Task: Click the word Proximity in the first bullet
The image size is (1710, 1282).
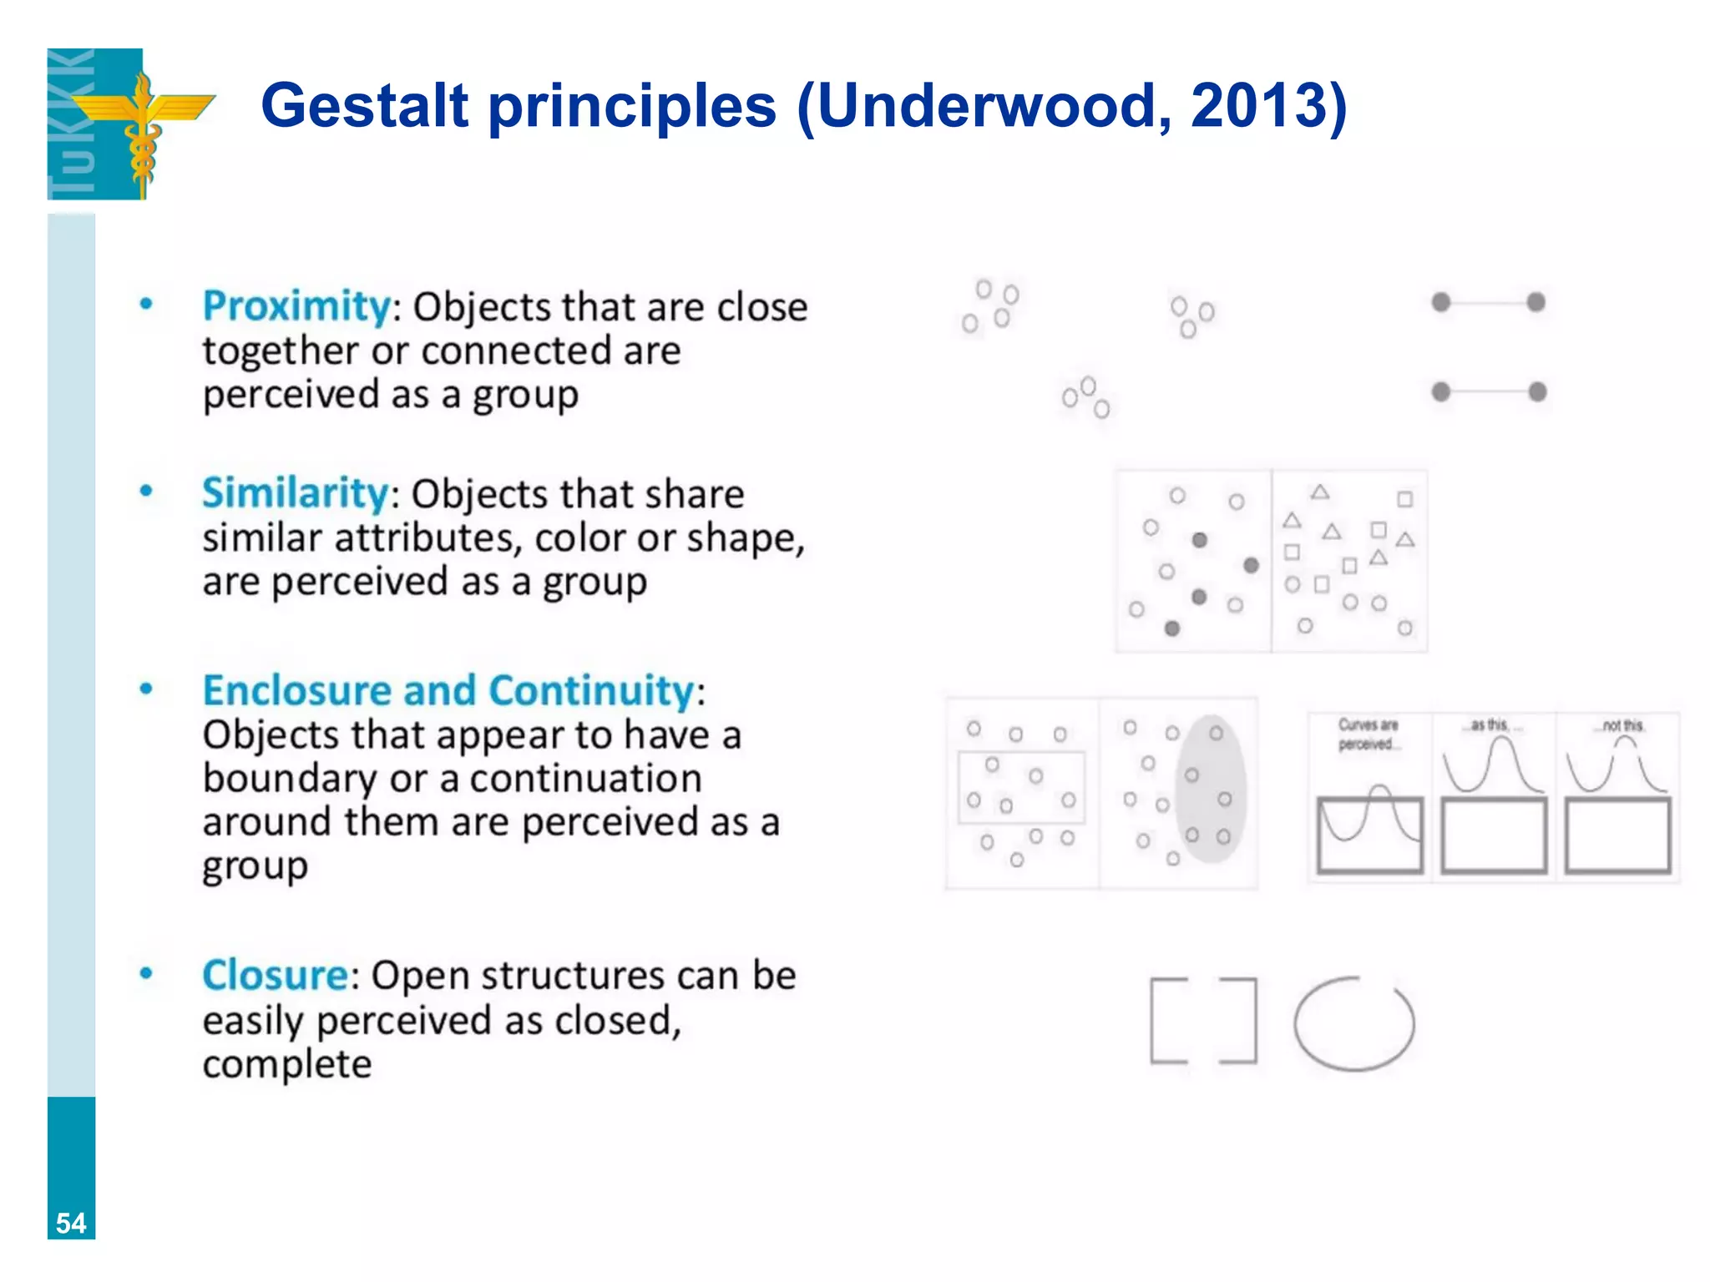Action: coord(296,306)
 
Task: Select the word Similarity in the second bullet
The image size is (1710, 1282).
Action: coord(295,493)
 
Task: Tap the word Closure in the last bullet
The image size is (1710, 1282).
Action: coord(276,975)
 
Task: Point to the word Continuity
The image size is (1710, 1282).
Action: coord(591,691)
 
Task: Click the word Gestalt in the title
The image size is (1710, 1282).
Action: coord(365,106)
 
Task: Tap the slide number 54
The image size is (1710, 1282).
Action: coord(71,1223)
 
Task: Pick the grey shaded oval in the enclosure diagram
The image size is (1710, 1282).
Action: coord(1211,789)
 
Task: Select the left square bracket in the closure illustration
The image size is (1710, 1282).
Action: coord(1167,1020)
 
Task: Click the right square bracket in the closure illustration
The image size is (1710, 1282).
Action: coord(1240,1020)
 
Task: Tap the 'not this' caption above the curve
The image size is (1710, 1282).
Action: coord(1622,725)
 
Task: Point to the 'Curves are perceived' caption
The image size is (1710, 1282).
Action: coord(1367,734)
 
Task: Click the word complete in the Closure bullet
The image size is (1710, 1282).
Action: coord(286,1064)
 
